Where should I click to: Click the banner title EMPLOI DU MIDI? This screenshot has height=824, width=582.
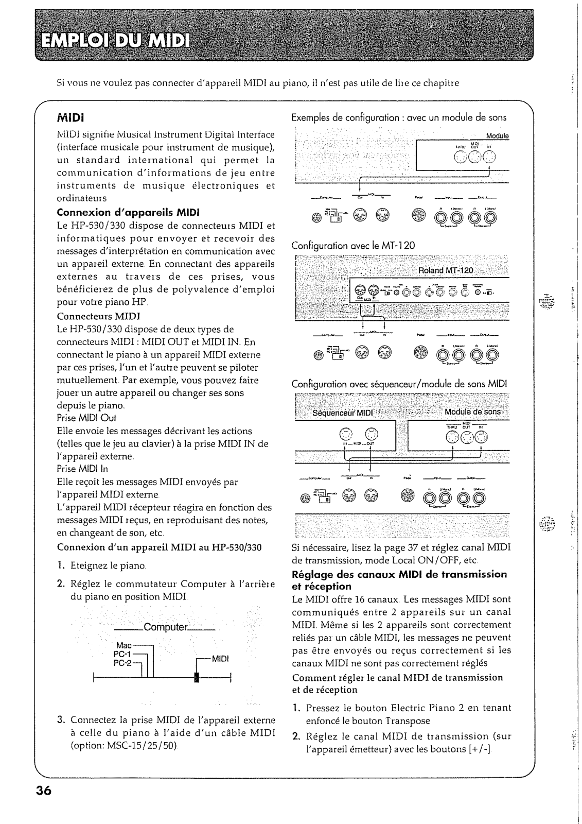point(115,41)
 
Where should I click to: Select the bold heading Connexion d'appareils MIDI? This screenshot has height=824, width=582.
point(128,212)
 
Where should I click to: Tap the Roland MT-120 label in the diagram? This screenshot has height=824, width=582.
point(446,271)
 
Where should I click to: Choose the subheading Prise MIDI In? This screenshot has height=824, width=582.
point(82,469)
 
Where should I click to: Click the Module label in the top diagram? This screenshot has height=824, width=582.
point(497,136)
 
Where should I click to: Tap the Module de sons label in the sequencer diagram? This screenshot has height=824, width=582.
point(472,411)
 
